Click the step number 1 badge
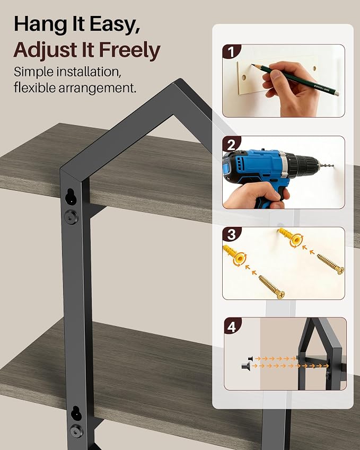pyautogui.click(x=231, y=52)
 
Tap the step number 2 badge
pyautogui.click(x=231, y=144)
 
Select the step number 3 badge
pyautogui.click(x=231, y=234)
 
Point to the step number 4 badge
pyautogui.click(x=232, y=326)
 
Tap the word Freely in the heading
pyautogui.click(x=129, y=50)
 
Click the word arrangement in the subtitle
pyautogui.click(x=98, y=88)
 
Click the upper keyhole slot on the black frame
pyautogui.click(x=70, y=197)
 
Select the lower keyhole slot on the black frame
pyautogui.click(x=76, y=413)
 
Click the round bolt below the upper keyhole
pyautogui.click(x=71, y=217)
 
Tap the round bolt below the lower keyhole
pyautogui.click(x=77, y=431)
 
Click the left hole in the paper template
pyautogui.click(x=244, y=77)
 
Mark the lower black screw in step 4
pyautogui.click(x=245, y=366)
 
